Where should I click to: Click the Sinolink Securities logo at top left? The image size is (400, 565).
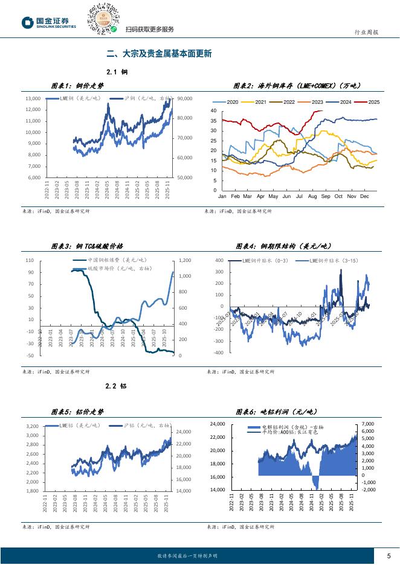point(49,22)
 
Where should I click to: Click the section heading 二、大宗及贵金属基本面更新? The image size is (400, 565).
point(158,53)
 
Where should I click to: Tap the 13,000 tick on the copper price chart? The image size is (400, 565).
point(33,98)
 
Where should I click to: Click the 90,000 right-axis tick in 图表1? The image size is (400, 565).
point(185,98)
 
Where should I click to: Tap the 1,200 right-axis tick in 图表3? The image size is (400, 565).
point(185,260)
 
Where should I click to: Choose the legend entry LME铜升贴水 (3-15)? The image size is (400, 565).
point(332,260)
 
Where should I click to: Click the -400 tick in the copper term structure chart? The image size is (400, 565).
point(218,353)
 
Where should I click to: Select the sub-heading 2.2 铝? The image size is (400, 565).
point(116,385)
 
